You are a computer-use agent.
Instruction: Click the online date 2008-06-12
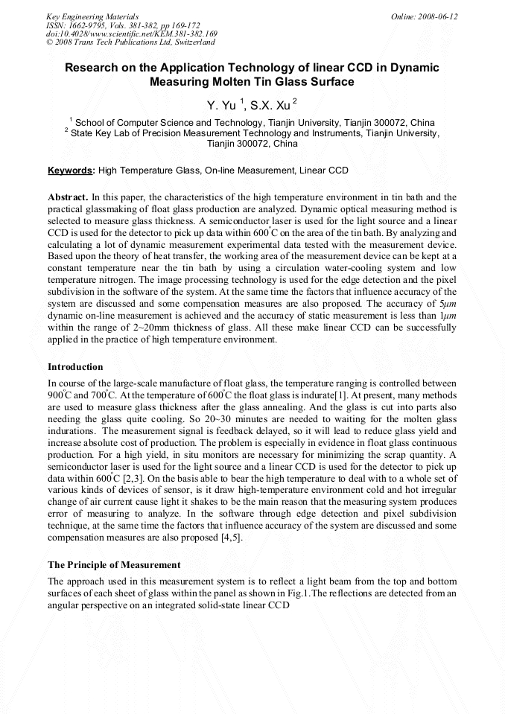(439, 16)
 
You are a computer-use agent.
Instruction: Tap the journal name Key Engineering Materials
(92, 16)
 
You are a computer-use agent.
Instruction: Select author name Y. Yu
(220, 106)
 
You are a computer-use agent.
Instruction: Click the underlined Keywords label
(71, 170)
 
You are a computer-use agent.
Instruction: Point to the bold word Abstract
(68, 197)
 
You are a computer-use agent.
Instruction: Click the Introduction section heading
(75, 366)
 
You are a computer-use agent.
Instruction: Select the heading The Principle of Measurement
(114, 565)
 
